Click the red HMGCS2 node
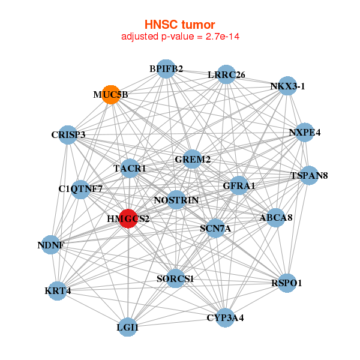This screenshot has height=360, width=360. pos(128,218)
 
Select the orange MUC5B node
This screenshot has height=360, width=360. pos(111,95)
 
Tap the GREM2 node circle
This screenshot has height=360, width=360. pos(192,159)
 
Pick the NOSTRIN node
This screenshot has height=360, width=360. pos(176,199)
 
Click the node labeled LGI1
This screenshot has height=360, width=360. pos(127,328)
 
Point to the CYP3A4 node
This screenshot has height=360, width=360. pos(225,317)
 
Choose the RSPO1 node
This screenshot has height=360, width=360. pos(287,282)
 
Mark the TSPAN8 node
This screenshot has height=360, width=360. pos(308,176)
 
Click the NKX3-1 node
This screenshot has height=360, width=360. pos(288,86)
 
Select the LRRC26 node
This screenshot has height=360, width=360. pos(226,74)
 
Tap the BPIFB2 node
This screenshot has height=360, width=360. pos(166,69)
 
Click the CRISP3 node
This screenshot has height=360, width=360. pos(69,134)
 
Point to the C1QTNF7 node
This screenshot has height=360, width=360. pos(81,190)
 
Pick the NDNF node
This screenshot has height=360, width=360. pos(51,245)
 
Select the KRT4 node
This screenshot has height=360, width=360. pos(58,291)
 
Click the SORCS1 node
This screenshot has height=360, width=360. pos(175,278)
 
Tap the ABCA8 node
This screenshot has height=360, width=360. pos(276,218)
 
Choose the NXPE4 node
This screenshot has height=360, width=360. pos(305,133)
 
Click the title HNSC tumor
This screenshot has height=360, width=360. pos(179,25)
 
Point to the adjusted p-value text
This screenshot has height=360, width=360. pos(179,37)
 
